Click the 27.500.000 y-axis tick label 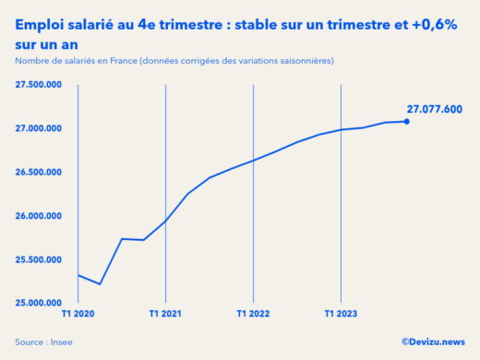[39, 84]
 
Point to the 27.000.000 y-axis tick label [39, 128]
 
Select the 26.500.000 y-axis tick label [39, 172]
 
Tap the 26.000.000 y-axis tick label [39, 216]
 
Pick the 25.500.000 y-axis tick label [39, 259]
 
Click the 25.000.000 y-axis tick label [39, 303]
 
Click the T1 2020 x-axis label [78, 314]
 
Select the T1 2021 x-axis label [165, 314]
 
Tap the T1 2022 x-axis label [253, 314]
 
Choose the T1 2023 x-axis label [341, 314]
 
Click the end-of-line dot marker [407, 121]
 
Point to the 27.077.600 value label [434, 108]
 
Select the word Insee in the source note [61, 342]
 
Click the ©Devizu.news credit [433, 342]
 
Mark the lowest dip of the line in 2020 [100, 284]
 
